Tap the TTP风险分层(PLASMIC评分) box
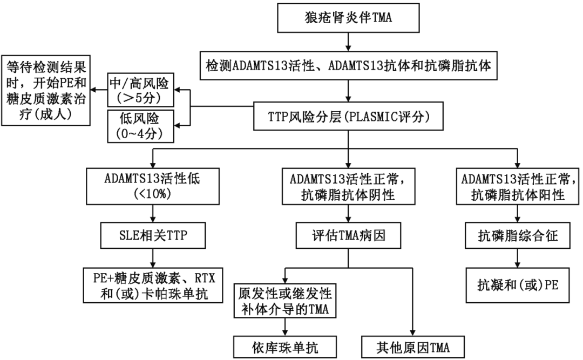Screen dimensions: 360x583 348,116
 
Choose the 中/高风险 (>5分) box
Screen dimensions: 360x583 140,89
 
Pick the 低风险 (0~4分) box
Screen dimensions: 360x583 140,126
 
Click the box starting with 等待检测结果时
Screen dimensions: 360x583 46,90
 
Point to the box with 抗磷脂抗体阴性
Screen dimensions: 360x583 348,186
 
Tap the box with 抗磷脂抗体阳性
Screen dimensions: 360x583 518,186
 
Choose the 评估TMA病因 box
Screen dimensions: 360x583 348,235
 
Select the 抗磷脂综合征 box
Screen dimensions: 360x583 518,235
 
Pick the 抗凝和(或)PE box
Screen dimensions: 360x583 518,284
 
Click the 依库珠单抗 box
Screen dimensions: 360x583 284,346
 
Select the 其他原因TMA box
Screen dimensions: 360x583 412,346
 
